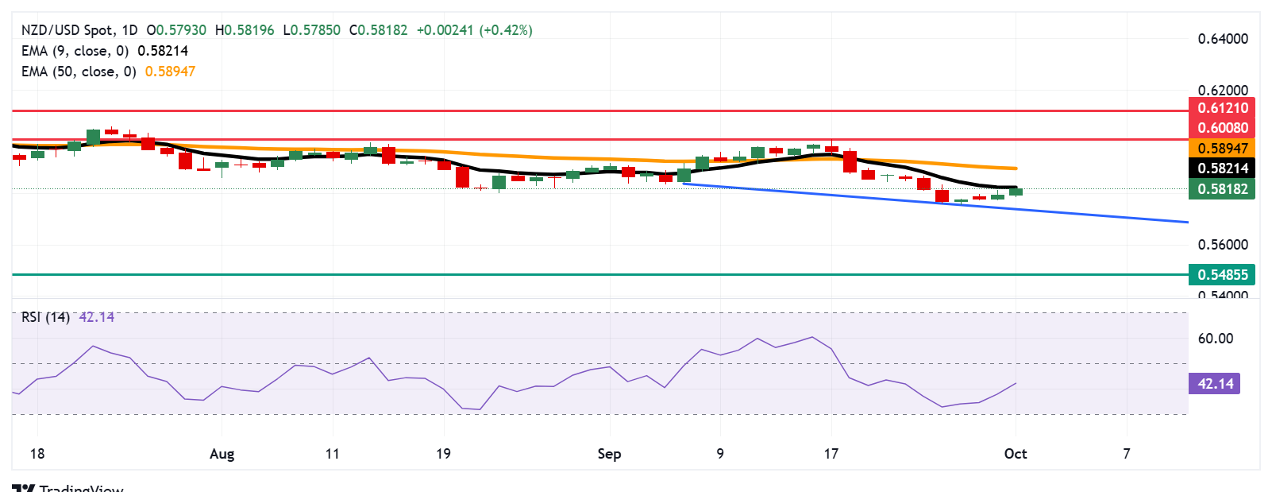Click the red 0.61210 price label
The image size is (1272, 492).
(x=1222, y=108)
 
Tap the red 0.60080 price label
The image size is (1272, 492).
(x=1222, y=128)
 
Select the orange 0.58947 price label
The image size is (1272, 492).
(x=1222, y=149)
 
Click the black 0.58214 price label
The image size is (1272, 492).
(x=1222, y=169)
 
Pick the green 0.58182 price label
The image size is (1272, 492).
(x=1222, y=189)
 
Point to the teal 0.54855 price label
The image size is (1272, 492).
(x=1222, y=275)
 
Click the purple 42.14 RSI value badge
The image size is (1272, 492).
(x=1215, y=384)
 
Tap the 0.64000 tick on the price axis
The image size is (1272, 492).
(x=1222, y=39)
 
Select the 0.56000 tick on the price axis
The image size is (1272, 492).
(x=1222, y=245)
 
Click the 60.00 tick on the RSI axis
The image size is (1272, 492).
(x=1215, y=339)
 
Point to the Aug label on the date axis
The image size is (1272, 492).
(x=222, y=454)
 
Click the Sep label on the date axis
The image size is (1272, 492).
(x=609, y=454)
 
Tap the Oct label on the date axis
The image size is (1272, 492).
(x=1015, y=454)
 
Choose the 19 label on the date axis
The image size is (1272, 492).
(x=443, y=454)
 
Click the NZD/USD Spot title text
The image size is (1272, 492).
(x=67, y=30)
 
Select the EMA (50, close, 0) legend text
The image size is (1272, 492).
(x=79, y=72)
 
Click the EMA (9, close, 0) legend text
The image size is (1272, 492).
(x=75, y=51)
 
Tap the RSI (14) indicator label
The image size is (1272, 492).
(x=45, y=317)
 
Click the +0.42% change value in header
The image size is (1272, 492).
(x=506, y=30)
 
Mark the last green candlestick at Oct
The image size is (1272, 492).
(x=1016, y=192)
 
